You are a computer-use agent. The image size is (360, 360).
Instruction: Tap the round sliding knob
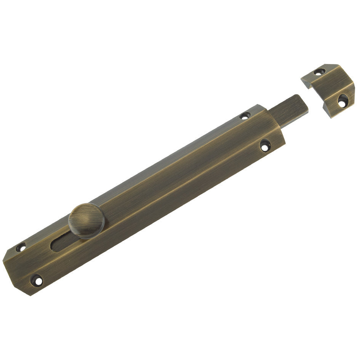pos(86,221)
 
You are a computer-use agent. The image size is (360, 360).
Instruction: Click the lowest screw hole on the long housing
pos(37,280)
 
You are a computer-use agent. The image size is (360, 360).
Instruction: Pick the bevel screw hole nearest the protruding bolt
pos(245,115)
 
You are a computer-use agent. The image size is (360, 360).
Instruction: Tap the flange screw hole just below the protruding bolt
pos(264,145)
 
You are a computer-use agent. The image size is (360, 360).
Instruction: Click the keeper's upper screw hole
pos(319,72)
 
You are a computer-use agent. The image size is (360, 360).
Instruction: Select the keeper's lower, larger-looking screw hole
pos(342,101)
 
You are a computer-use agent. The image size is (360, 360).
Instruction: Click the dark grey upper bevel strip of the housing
pos(152,160)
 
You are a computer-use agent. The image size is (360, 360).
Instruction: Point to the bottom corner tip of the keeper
pos(331,117)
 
